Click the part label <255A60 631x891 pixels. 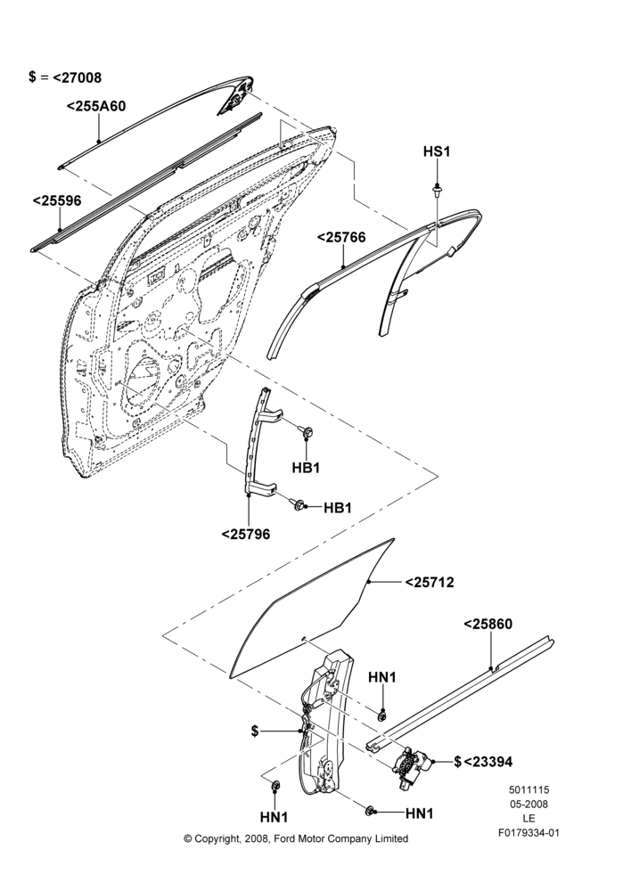pyautogui.click(x=96, y=106)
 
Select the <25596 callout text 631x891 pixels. pyautogui.click(x=57, y=201)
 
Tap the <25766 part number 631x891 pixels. pyautogui.click(x=341, y=238)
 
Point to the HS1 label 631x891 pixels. pyautogui.click(x=437, y=151)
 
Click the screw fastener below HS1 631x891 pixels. pyautogui.click(x=437, y=190)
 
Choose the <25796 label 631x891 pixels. pyautogui.click(x=246, y=534)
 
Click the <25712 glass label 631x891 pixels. pyautogui.click(x=430, y=583)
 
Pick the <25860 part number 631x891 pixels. pyautogui.click(x=488, y=624)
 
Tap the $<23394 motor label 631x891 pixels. pyautogui.click(x=483, y=762)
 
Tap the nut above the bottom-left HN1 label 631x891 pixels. pyautogui.click(x=275, y=786)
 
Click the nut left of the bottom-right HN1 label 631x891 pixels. pyautogui.click(x=370, y=810)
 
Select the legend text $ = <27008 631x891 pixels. pyautogui.click(x=65, y=78)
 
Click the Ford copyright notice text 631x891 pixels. pyautogui.click(x=296, y=838)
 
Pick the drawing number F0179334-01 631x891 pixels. pyautogui.click(x=529, y=833)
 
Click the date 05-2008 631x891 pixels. pyautogui.click(x=529, y=804)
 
